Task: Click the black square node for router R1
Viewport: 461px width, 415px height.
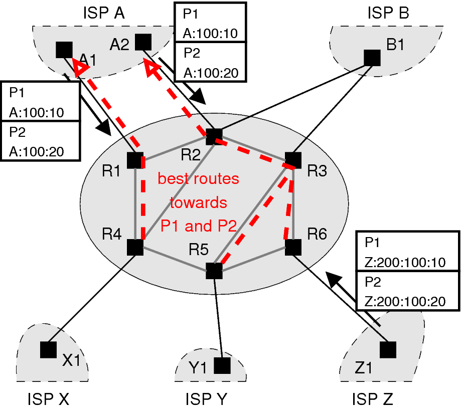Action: click(135, 160)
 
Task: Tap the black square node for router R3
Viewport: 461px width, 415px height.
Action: click(293, 160)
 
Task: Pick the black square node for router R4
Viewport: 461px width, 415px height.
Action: click(135, 247)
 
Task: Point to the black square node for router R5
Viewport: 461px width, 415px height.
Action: click(214, 271)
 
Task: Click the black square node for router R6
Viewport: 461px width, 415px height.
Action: click(293, 247)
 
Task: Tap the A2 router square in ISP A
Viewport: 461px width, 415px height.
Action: click(143, 42)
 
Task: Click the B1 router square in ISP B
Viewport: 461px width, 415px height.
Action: click(372, 58)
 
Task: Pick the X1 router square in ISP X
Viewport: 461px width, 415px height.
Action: click(48, 350)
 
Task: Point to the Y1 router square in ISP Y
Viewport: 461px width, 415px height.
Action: click(222, 365)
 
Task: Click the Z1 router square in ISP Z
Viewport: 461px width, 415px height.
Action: click(387, 350)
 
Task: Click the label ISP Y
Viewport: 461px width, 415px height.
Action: click(206, 399)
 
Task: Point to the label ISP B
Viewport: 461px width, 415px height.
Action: click(388, 13)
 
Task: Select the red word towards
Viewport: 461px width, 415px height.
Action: click(198, 203)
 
